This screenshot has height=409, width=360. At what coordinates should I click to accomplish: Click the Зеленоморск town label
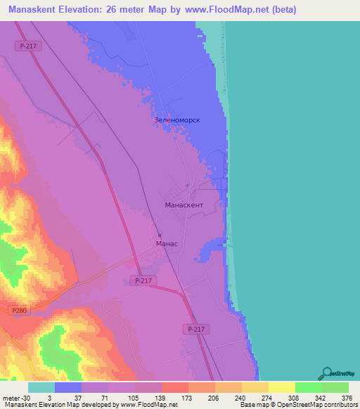coord(177,120)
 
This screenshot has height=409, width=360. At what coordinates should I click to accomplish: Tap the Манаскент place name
coord(184,204)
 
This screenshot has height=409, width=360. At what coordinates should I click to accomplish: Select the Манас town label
coord(166,244)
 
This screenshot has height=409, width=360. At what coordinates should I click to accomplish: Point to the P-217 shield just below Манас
coord(143,280)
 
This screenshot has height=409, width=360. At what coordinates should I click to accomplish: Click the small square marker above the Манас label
coord(160,235)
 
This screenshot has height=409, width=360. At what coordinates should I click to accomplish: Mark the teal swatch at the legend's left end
coord(41,387)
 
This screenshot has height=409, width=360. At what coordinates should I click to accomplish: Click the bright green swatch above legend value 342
coord(308,387)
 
